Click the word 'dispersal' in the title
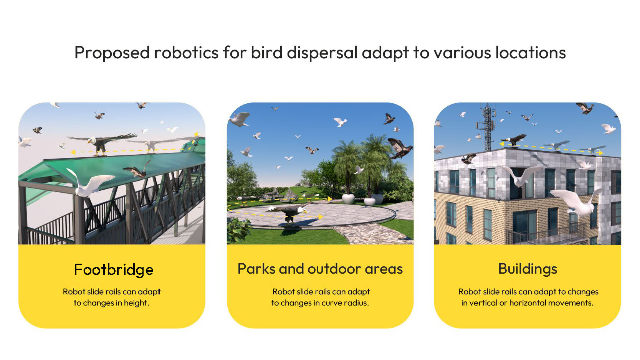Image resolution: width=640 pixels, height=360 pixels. [322, 53]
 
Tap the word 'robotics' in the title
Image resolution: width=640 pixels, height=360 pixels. [186, 53]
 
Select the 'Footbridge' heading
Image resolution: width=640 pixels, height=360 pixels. [114, 270]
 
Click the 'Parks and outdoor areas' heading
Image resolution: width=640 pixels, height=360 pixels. [320, 269]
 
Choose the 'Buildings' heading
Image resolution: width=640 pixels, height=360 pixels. [528, 269]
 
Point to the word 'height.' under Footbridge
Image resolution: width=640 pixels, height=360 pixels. [136, 303]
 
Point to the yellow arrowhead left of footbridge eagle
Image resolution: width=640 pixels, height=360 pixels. [73, 152]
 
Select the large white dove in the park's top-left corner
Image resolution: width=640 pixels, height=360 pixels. [240, 119]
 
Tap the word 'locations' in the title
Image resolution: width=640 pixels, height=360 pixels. [530, 53]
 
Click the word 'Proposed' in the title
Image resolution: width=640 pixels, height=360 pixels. [112, 53]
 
